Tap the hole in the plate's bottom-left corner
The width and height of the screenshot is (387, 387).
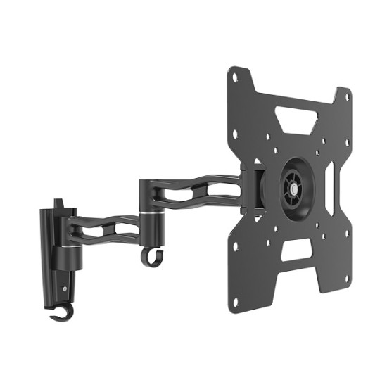[x=236, y=302]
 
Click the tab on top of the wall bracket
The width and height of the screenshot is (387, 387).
[x=65, y=206]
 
